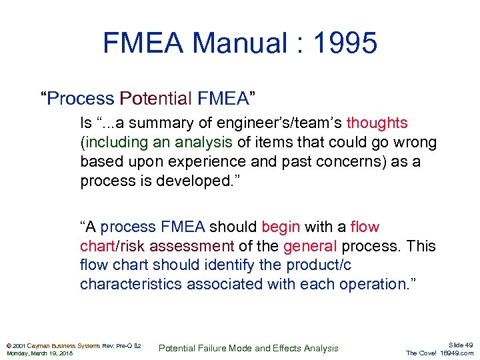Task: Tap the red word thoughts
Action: pos(377,123)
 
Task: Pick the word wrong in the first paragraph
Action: pos(413,143)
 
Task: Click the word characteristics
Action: pos(131,285)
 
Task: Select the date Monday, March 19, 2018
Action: pos(39,353)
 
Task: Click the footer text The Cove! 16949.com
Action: pos(439,353)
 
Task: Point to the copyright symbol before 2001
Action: pos(9,345)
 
